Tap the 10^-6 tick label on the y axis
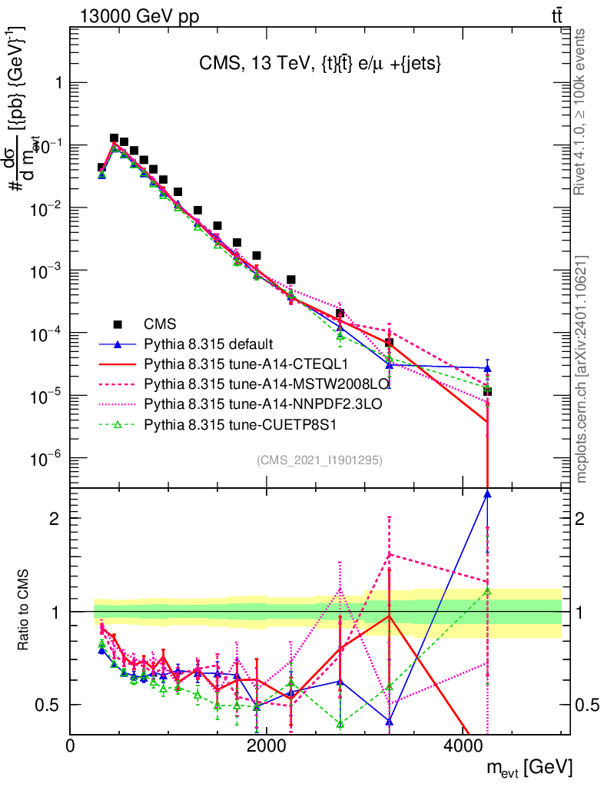(45, 459)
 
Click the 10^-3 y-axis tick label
(45, 271)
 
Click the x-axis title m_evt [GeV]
(529, 767)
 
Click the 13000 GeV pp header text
(138, 16)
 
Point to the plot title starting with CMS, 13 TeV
(319, 65)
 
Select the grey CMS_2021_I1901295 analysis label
(320, 460)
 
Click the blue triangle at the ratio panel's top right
(487, 494)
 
